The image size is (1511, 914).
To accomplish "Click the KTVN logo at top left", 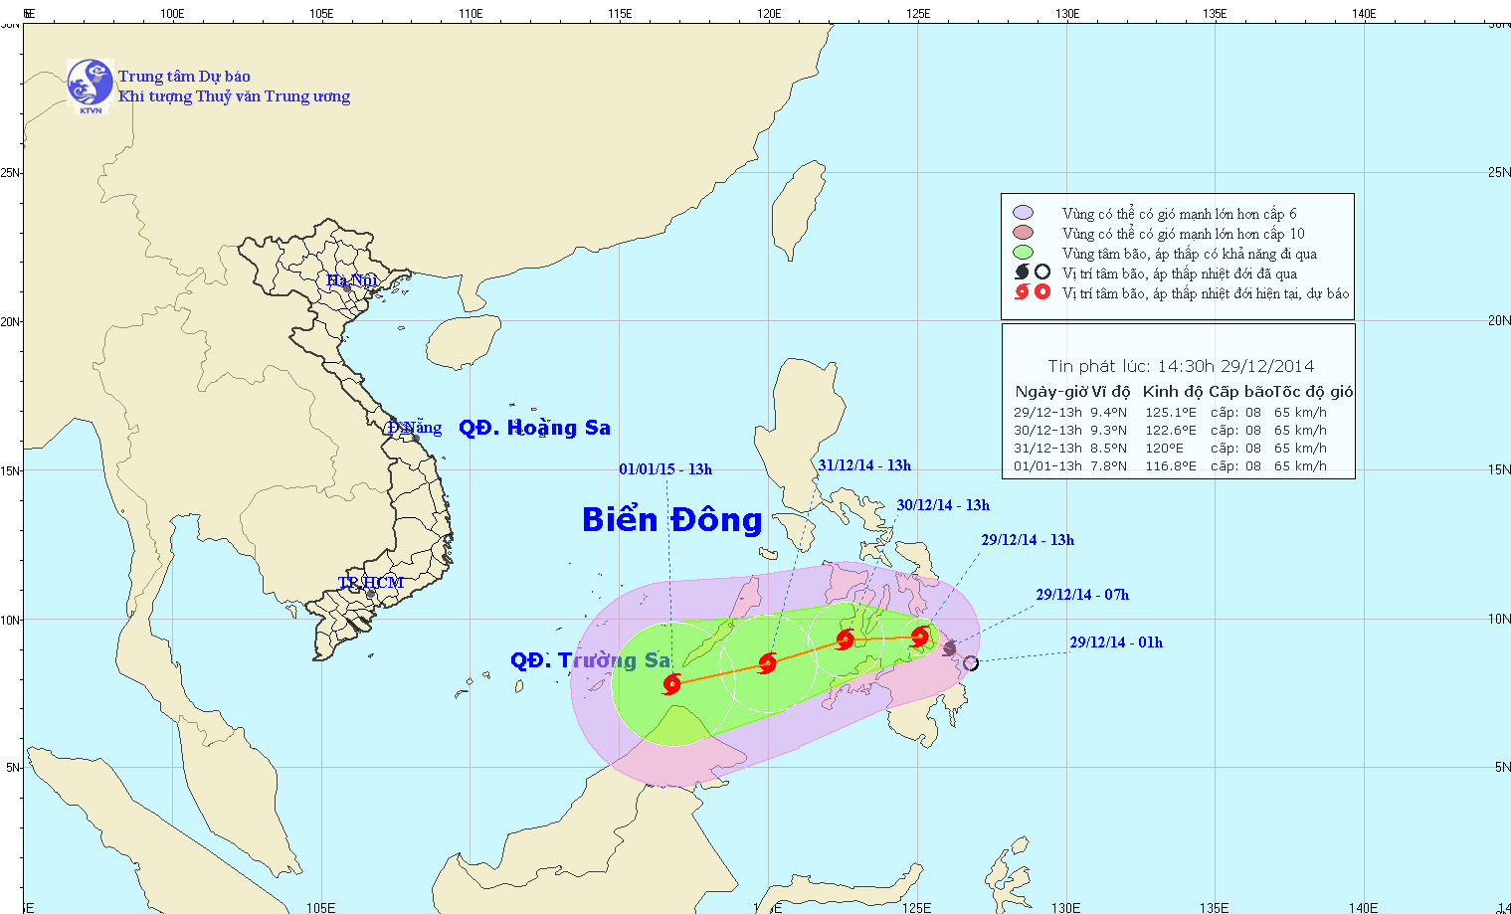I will [90, 84].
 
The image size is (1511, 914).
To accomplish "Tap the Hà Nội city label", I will [352, 280].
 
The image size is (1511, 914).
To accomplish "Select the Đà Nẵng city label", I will [415, 428].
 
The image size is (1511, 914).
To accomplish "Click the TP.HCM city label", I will [370, 582].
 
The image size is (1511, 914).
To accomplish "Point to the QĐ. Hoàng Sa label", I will [534, 428].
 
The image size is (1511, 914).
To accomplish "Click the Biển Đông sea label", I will [671, 519].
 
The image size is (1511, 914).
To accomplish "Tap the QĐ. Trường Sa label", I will [590, 660].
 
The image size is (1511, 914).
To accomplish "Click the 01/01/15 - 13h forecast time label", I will [665, 469].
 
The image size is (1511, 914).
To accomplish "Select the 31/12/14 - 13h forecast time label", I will [864, 465].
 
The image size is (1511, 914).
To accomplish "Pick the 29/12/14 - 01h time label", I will [1116, 642].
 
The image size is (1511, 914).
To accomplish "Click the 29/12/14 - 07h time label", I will [1082, 595].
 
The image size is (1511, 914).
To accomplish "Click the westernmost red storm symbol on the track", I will [672, 683].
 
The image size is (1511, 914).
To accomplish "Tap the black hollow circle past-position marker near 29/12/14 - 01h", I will [971, 663].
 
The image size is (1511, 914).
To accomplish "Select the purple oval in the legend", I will [1023, 213].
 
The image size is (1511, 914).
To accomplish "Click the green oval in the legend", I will [1023, 253].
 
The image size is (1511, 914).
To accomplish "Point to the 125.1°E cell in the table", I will [1170, 412].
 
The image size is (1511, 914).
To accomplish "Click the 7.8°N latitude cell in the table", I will [1108, 465].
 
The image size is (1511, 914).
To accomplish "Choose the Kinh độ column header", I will [1172, 392].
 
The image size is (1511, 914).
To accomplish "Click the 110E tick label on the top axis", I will [471, 14].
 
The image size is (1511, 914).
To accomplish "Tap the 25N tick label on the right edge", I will [1498, 172].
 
